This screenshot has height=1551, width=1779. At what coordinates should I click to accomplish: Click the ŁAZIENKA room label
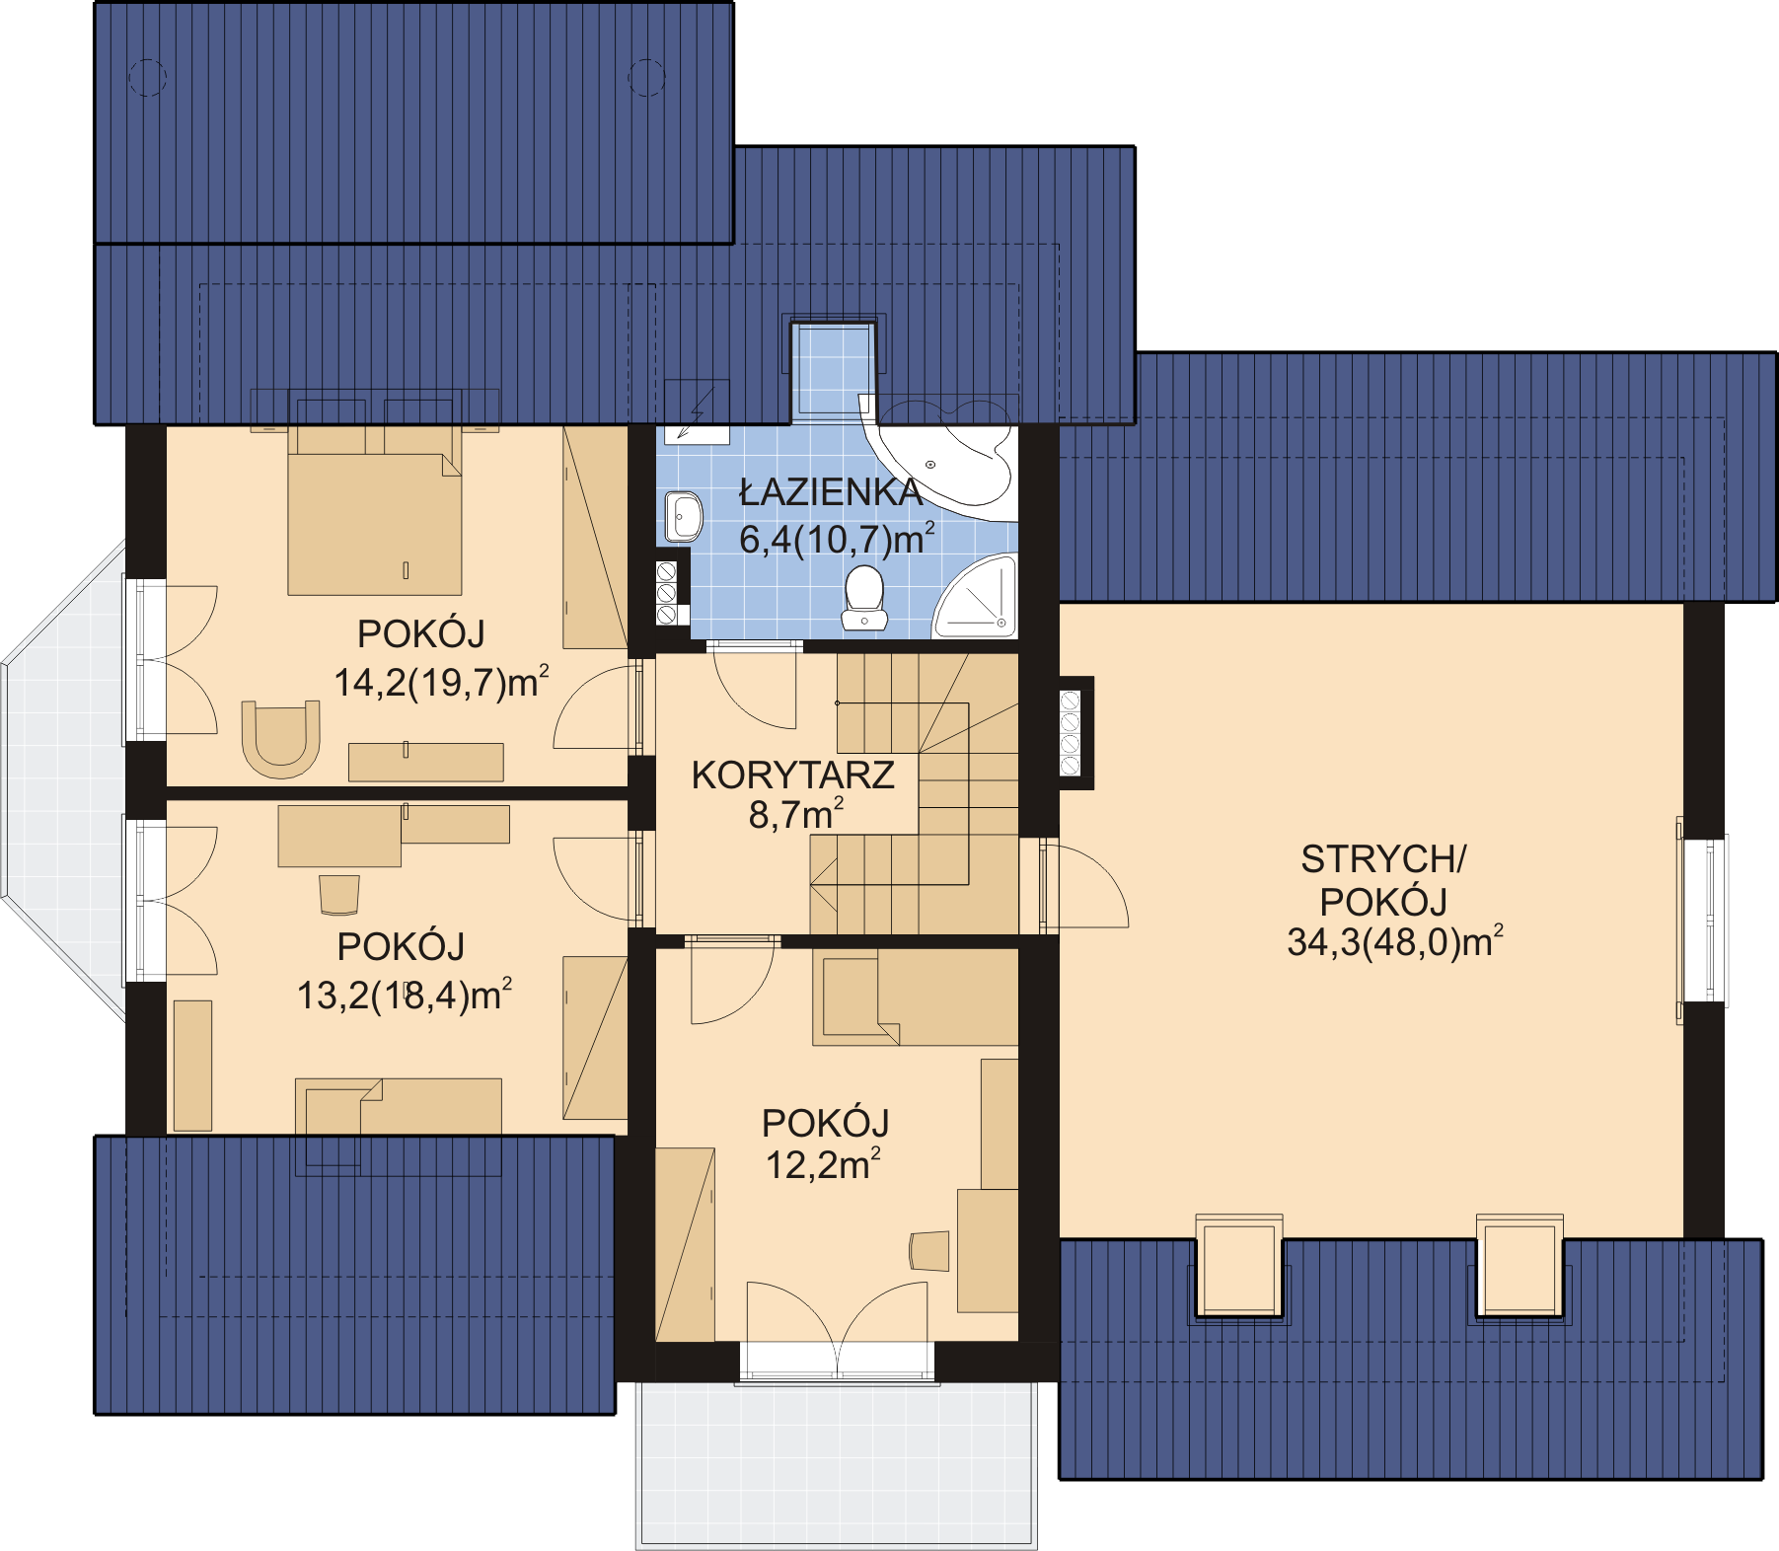click(x=831, y=491)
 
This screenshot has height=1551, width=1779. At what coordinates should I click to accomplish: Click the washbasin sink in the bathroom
click(x=683, y=516)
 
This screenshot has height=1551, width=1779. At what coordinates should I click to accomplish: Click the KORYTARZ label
click(x=792, y=775)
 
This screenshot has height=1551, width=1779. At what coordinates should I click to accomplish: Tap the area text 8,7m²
click(x=795, y=815)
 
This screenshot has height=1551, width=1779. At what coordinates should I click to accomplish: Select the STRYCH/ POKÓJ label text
click(x=1383, y=880)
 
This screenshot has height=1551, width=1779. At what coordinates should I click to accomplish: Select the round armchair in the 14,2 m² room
click(x=281, y=738)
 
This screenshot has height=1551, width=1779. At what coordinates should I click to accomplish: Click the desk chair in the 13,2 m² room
click(x=338, y=894)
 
